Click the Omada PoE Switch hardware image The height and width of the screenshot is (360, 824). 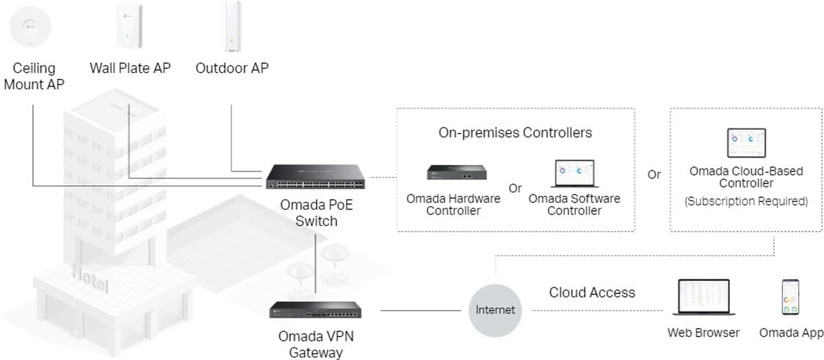pyautogui.click(x=316, y=177)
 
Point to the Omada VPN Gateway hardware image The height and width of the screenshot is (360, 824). pyautogui.click(x=316, y=311)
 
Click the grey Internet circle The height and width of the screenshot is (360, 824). pyautogui.click(x=495, y=310)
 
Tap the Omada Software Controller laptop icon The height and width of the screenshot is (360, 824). pyautogui.click(x=573, y=175)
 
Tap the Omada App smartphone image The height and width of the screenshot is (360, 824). pyautogui.click(x=790, y=297)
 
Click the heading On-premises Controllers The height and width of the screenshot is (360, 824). pyautogui.click(x=515, y=133)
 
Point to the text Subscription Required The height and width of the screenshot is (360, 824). pyautogui.click(x=746, y=201)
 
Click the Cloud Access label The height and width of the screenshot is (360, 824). pyautogui.click(x=592, y=293)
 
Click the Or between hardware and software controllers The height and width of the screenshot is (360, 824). pyautogui.click(x=515, y=188)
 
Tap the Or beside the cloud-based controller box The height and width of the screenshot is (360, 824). pyautogui.click(x=654, y=175)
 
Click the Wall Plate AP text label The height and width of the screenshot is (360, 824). pyautogui.click(x=130, y=68)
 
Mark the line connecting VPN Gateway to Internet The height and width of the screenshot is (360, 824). pyautogui.click(x=420, y=311)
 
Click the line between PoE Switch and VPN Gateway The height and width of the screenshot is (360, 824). pyautogui.click(x=316, y=265)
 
